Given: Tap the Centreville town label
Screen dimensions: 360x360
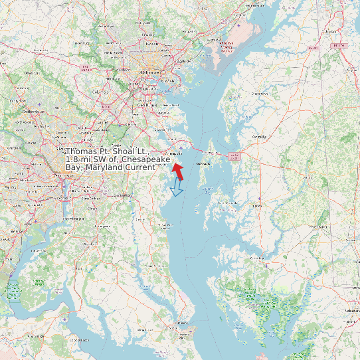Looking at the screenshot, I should point(259,137).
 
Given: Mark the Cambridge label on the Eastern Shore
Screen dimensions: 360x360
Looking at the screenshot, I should point(256,258).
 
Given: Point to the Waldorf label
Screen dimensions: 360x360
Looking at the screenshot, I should point(86,244).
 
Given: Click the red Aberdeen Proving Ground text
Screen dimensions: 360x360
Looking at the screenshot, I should point(228,45).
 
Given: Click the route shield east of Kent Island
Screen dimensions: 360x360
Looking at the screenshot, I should point(233,155).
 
